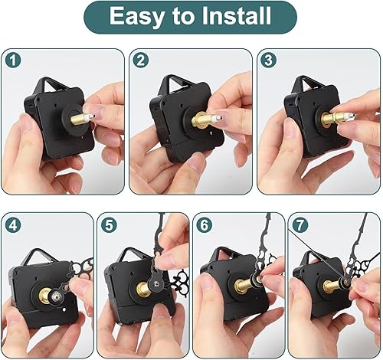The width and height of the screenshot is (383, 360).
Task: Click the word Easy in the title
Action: (137, 16)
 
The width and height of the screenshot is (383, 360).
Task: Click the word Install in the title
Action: (236, 15)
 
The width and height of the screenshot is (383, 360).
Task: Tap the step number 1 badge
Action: (13, 61)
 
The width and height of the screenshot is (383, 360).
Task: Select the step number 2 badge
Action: (141, 61)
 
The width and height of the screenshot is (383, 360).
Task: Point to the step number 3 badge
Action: (268, 61)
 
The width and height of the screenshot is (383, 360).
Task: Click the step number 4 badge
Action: (13, 225)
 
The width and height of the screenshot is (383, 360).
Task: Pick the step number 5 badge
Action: (109, 225)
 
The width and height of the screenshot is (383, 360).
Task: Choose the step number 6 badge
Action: (205, 225)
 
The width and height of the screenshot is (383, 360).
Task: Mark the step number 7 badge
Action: (300, 225)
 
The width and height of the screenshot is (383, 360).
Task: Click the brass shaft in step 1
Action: (79, 119)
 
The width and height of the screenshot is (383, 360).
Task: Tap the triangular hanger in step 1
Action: (50, 84)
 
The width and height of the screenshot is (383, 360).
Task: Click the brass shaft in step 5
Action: (143, 289)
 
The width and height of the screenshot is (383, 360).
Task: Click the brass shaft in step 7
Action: (332, 285)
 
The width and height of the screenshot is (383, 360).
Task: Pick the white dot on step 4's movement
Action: (64, 310)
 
